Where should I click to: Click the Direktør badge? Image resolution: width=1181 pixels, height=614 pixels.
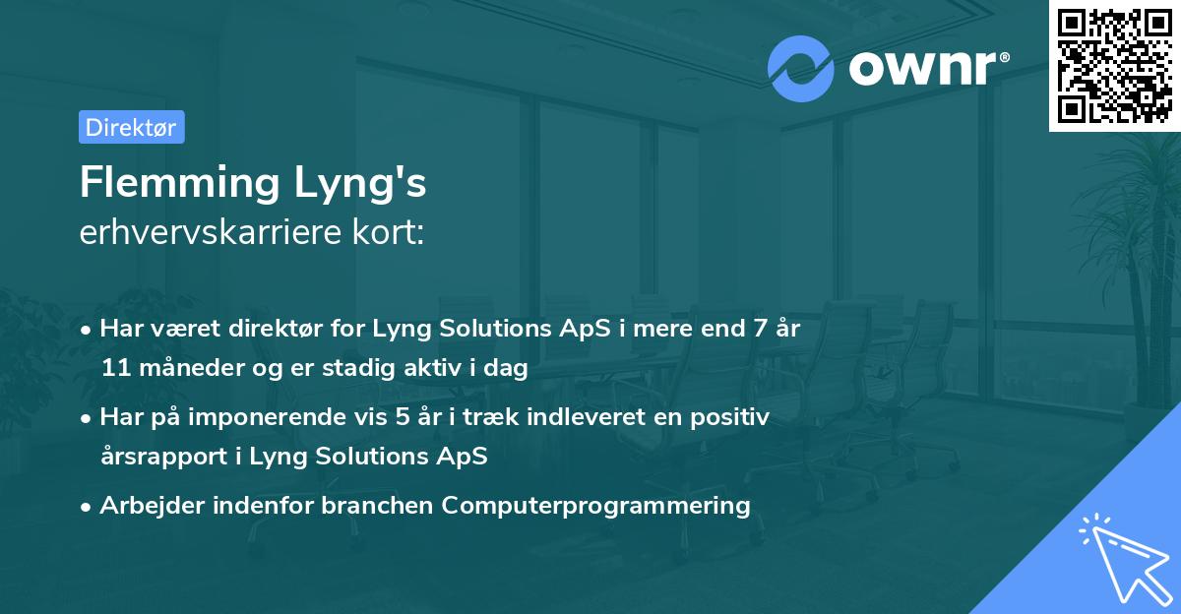[x=131, y=127]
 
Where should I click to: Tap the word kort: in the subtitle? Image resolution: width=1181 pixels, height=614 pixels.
[x=394, y=232]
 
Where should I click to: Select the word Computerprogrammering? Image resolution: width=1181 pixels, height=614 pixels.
[x=596, y=506]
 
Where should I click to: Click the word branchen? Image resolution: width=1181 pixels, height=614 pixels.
[x=376, y=506]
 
